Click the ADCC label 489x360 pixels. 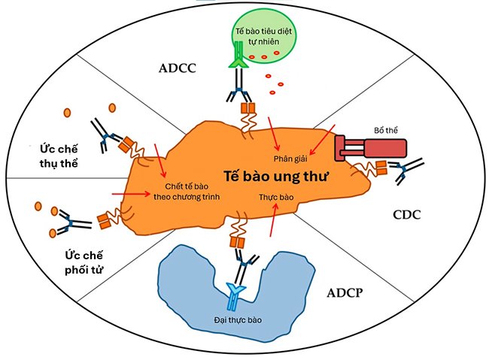click(x=178, y=68)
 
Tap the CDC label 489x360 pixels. click(x=405, y=214)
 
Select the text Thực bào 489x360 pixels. click(x=274, y=194)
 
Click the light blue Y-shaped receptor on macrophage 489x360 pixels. click(x=234, y=292)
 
